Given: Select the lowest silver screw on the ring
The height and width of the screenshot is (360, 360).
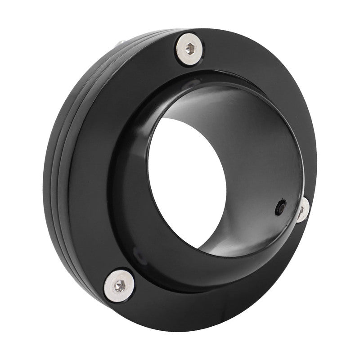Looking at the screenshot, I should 120,283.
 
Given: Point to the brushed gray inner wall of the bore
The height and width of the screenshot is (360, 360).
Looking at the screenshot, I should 252,135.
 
